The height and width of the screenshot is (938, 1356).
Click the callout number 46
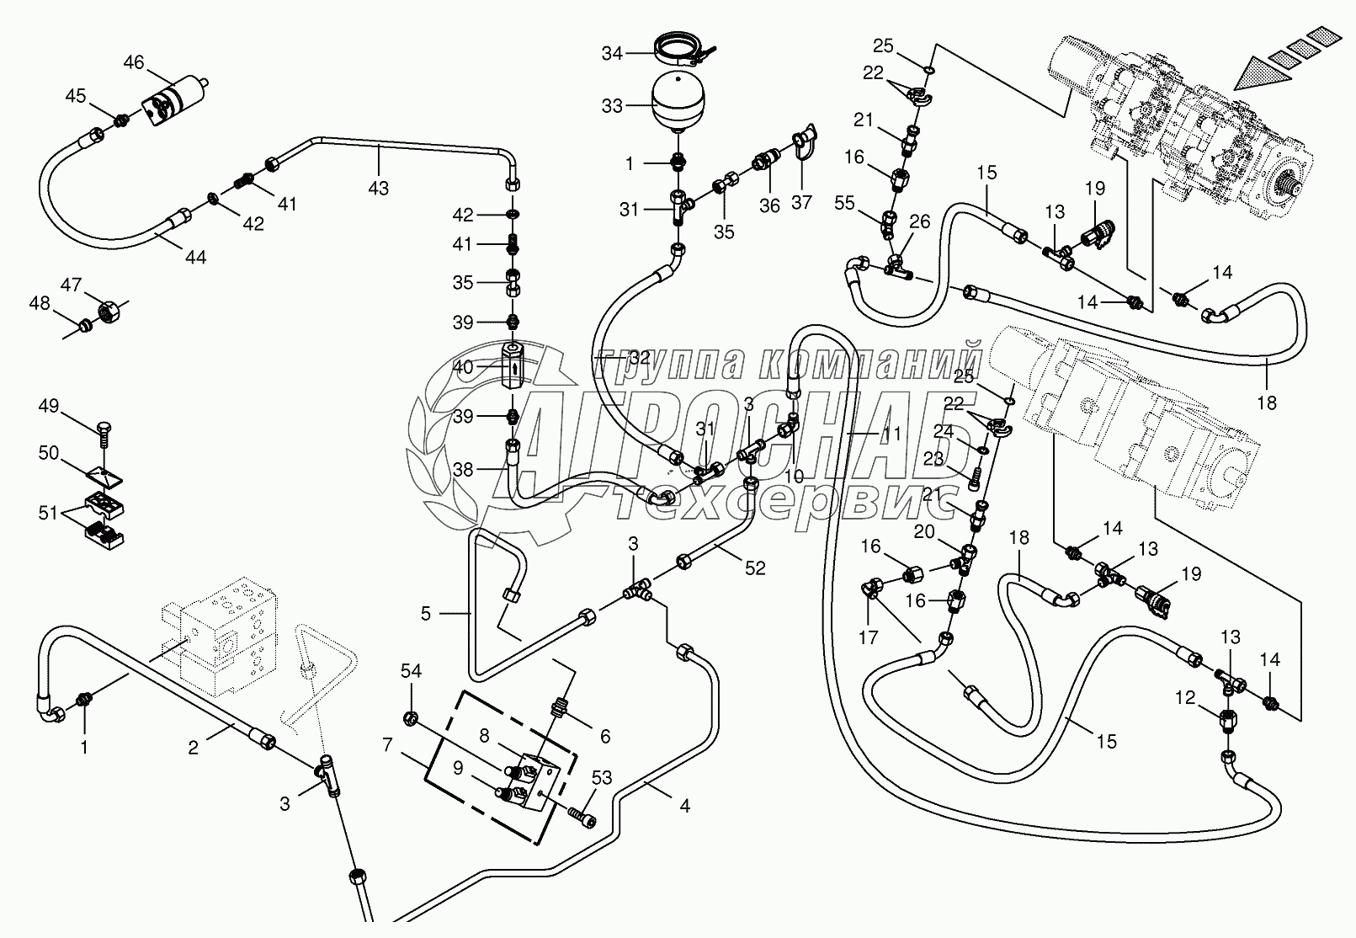point(134,62)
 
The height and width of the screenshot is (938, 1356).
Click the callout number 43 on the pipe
point(378,189)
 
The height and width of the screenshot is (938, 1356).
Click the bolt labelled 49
point(107,430)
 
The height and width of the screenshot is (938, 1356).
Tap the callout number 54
point(411,670)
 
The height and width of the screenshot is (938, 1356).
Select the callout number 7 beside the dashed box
point(387,744)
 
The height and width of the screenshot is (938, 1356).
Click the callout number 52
point(755,568)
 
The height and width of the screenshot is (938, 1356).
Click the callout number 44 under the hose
point(195,258)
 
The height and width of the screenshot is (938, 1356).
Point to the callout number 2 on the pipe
point(193,747)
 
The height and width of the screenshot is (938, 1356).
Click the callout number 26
point(920,222)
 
